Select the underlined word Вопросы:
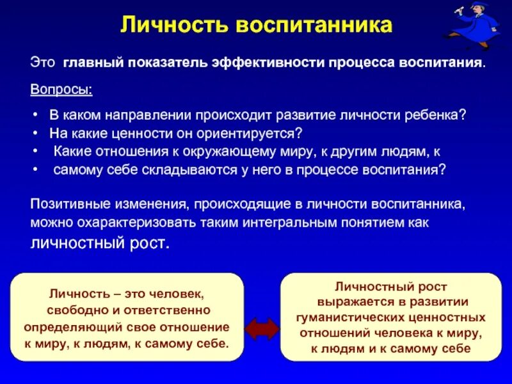(61, 89)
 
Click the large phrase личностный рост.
(101, 243)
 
